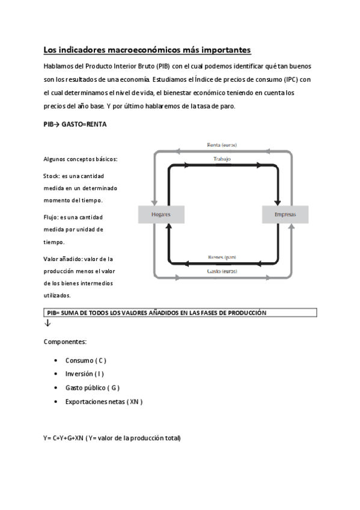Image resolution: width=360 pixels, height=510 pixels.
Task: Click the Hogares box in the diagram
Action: pyautogui.click(x=161, y=214)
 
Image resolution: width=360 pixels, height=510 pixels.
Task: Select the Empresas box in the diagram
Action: pyautogui.click(x=285, y=214)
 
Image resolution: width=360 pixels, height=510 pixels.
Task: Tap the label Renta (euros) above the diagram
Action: pyautogui.click(x=222, y=145)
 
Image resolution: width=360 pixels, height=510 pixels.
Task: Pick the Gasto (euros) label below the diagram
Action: pyautogui.click(x=222, y=271)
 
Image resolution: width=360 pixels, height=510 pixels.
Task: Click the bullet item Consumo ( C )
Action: pyautogui.click(x=85, y=360)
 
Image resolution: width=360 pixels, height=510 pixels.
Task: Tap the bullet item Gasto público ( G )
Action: pyautogui.click(x=92, y=388)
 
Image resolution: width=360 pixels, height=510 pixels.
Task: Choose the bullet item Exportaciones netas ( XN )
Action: pyautogui.click(x=103, y=401)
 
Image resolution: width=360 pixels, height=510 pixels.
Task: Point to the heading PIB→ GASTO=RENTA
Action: pyautogui.click(x=75, y=123)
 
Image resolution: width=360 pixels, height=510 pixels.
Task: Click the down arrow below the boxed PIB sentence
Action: pyautogui.click(x=47, y=324)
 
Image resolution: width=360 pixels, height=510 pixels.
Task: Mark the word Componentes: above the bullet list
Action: pyautogui.click(x=65, y=342)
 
